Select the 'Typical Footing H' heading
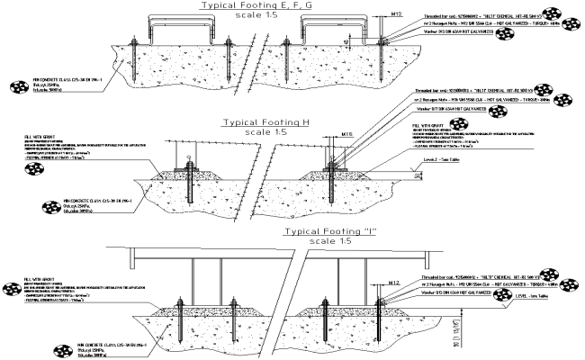pos(290,122)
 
